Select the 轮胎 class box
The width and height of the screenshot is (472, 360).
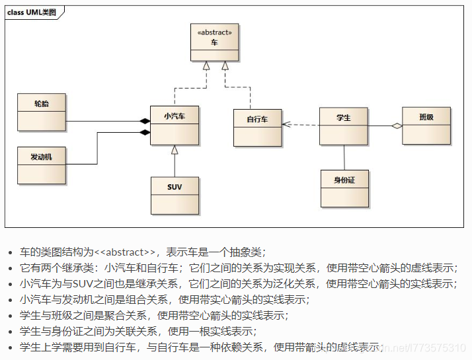(42, 112)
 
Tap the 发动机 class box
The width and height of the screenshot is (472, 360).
(42, 165)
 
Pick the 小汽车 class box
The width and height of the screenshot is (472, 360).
(175, 125)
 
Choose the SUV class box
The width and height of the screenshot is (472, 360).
(175, 196)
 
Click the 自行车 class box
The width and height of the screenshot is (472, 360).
(257, 127)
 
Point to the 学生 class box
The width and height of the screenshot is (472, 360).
(344, 126)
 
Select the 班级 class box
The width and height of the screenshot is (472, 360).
(426, 126)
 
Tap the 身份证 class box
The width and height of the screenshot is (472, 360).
(344, 188)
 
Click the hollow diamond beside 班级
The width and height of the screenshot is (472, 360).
(395, 126)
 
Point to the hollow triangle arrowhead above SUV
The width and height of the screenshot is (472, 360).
(175, 150)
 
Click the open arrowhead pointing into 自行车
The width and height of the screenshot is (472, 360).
(287, 124)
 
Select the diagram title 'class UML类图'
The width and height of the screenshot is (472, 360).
(32, 13)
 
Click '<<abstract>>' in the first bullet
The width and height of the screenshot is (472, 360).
(125, 252)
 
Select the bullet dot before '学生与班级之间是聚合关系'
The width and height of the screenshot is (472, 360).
(9, 316)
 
